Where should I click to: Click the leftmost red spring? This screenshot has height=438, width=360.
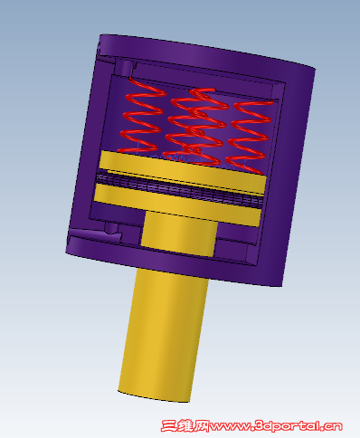point(142,115)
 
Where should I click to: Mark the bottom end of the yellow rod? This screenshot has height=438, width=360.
point(154,396)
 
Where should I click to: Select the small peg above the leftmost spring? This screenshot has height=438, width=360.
point(126,68)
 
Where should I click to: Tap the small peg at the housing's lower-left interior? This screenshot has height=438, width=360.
point(111,228)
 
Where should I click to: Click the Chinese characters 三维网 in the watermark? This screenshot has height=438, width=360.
point(185,426)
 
